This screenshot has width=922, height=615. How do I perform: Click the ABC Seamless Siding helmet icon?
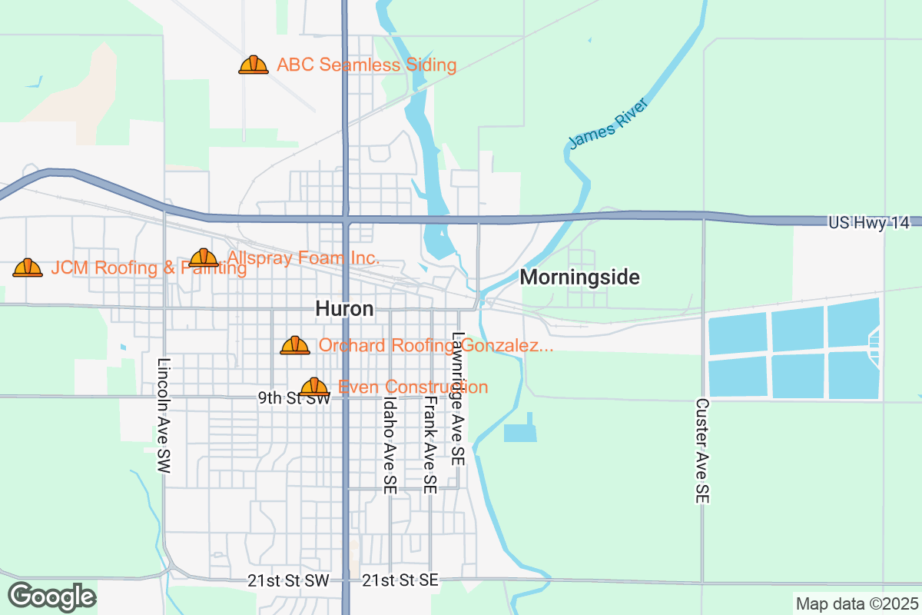(254, 65)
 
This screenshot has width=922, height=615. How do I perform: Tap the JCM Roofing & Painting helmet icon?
(28, 268)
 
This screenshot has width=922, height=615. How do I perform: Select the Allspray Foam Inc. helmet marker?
(204, 258)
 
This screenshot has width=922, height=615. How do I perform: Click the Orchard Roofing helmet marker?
(295, 346)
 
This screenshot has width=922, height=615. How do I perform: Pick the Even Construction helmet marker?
(314, 387)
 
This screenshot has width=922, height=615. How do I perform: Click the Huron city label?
(344, 309)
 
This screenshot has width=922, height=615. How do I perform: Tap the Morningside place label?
(580, 278)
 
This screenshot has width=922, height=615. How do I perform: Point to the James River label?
(609, 123)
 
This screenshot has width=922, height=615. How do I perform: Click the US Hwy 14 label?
(868, 222)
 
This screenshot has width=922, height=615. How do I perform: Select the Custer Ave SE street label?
(701, 450)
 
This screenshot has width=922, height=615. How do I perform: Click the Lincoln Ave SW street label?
(163, 415)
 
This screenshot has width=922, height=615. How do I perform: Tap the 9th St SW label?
(294, 398)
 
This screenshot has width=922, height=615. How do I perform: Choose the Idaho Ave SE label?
(390, 444)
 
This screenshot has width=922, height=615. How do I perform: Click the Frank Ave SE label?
(430, 444)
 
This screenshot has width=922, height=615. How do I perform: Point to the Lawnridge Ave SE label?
(458, 398)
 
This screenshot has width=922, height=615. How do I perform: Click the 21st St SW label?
(288, 580)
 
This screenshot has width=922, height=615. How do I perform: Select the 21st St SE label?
(400, 580)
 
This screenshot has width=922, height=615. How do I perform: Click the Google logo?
(52, 596)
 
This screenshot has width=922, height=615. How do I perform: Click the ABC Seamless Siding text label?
(366, 65)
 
